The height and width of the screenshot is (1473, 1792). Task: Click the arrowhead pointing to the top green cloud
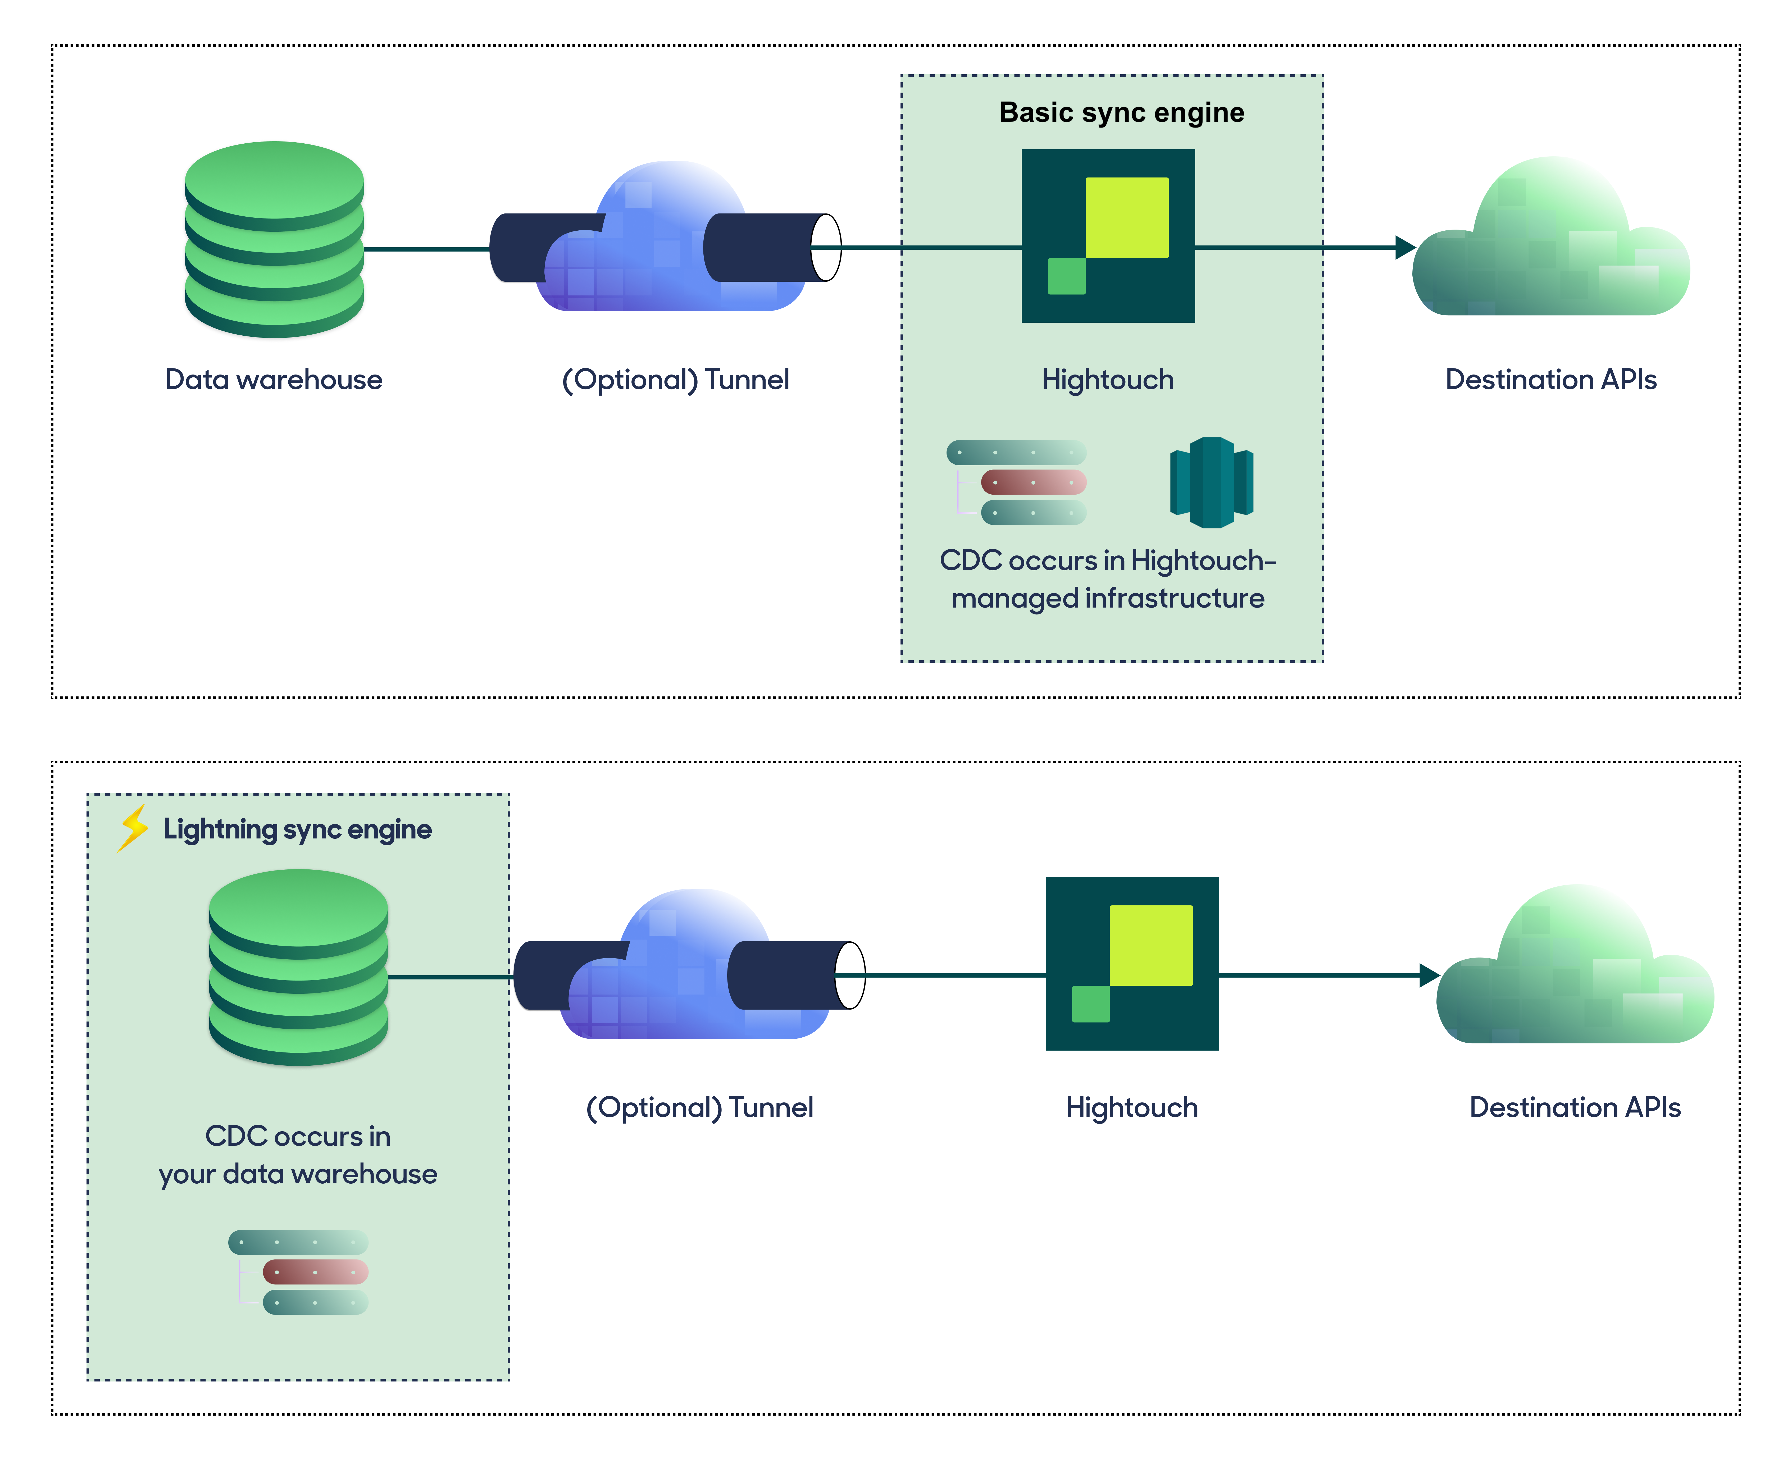(1405, 248)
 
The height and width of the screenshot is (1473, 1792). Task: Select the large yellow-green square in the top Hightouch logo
(1127, 217)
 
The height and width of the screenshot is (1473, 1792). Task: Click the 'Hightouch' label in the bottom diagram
(1132, 1107)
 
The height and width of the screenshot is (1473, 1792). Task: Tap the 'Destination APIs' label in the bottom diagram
(1575, 1107)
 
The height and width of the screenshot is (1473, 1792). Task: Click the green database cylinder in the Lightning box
(299, 967)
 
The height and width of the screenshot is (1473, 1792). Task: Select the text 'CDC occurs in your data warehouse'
(298, 1155)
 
